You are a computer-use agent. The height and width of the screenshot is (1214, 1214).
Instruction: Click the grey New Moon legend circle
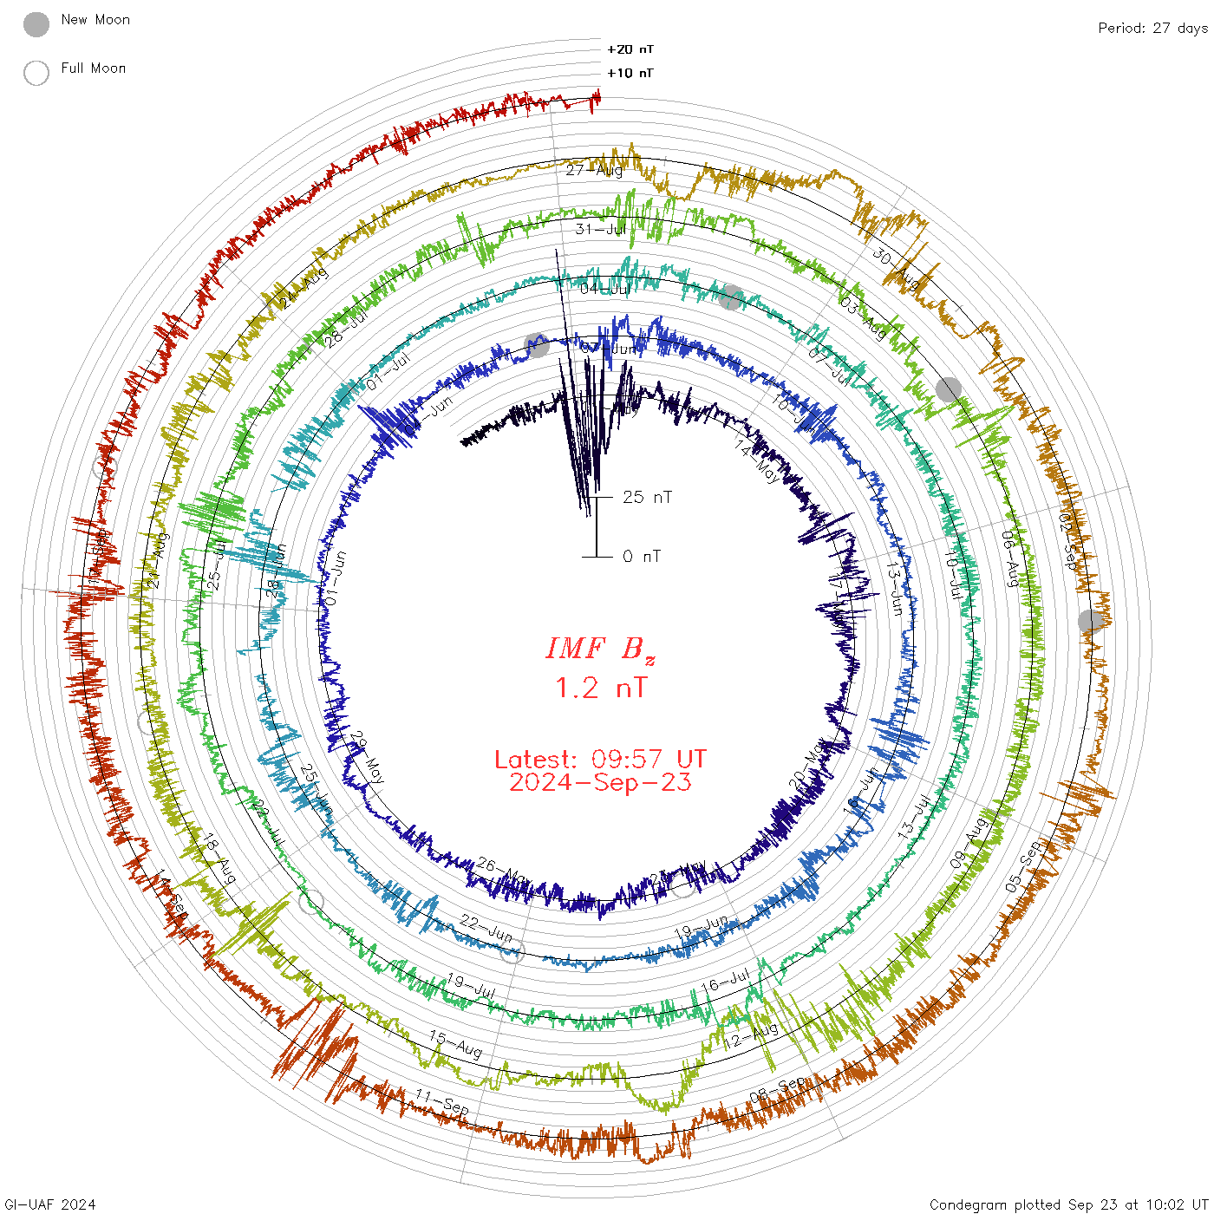[36, 24]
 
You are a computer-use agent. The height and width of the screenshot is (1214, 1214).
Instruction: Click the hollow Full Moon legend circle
[36, 73]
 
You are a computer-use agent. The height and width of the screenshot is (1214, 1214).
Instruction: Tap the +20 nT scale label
[630, 49]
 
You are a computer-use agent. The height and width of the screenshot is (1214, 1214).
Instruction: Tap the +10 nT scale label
[630, 73]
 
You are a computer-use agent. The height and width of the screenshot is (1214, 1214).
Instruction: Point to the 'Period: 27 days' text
[1152, 28]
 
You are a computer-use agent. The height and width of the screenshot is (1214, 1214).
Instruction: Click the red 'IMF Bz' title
[600, 649]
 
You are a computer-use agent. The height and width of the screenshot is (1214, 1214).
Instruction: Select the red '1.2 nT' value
[600, 688]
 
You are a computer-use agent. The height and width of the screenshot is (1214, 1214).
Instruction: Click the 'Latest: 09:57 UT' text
[600, 760]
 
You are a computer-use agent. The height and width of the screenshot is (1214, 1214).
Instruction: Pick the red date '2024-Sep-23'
[600, 782]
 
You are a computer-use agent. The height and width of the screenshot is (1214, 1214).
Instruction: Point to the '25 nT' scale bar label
[647, 497]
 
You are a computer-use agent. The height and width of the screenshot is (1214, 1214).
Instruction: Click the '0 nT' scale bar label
[642, 556]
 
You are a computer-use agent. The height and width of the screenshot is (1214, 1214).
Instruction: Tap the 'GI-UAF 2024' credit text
[49, 1204]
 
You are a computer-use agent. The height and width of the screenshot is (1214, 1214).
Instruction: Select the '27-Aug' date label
[594, 170]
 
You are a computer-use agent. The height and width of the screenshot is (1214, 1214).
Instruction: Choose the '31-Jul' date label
[601, 229]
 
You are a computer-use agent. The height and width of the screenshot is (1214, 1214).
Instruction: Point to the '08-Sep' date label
[778, 1090]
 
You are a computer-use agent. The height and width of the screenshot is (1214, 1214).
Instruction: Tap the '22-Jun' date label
[486, 928]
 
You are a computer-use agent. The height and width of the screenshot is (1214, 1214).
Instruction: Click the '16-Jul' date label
[726, 981]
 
